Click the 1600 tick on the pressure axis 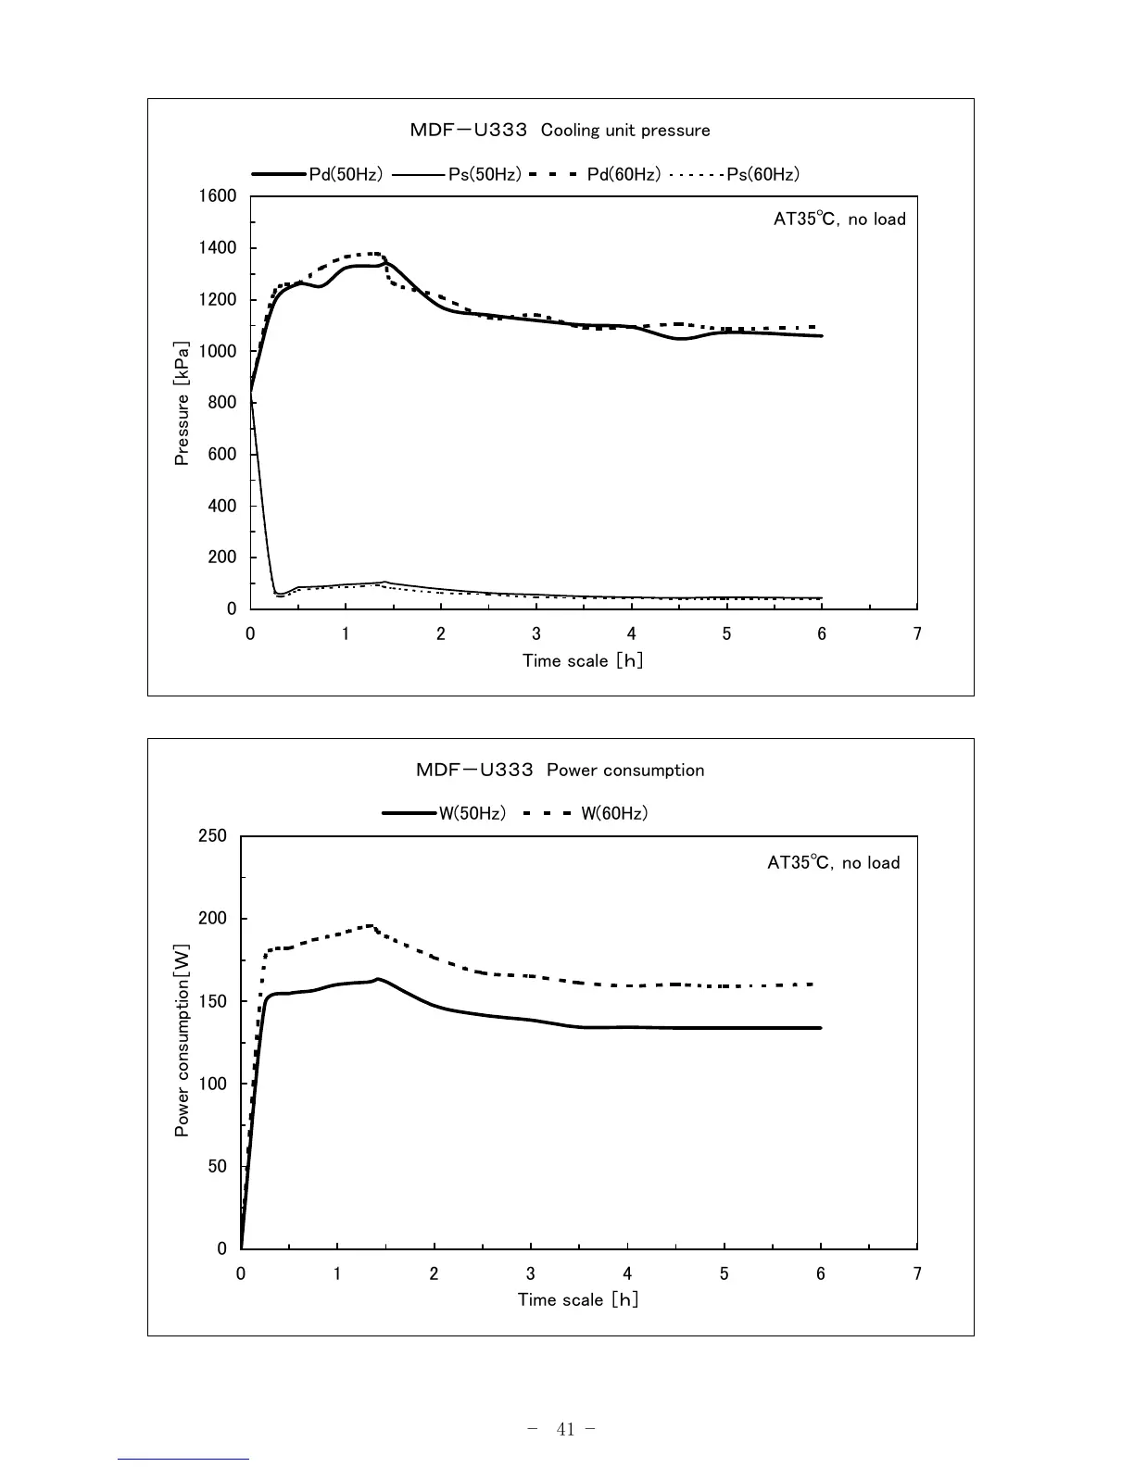pos(218,196)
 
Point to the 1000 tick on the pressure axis pos(218,351)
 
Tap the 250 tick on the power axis pos(212,836)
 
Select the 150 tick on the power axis pos(212,1001)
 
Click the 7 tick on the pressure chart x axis pos(917,634)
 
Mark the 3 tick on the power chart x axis pos(531,1274)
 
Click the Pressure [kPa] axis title pos(183,404)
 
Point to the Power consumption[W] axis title pos(183,1041)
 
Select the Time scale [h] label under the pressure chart pos(583,660)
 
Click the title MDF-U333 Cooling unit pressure pos(560,131)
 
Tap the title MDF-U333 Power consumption pos(560,771)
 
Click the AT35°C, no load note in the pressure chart pos(839,219)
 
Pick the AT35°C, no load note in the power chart pos(833,863)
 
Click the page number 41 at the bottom pos(566,1429)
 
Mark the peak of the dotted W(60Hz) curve pos(371,925)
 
